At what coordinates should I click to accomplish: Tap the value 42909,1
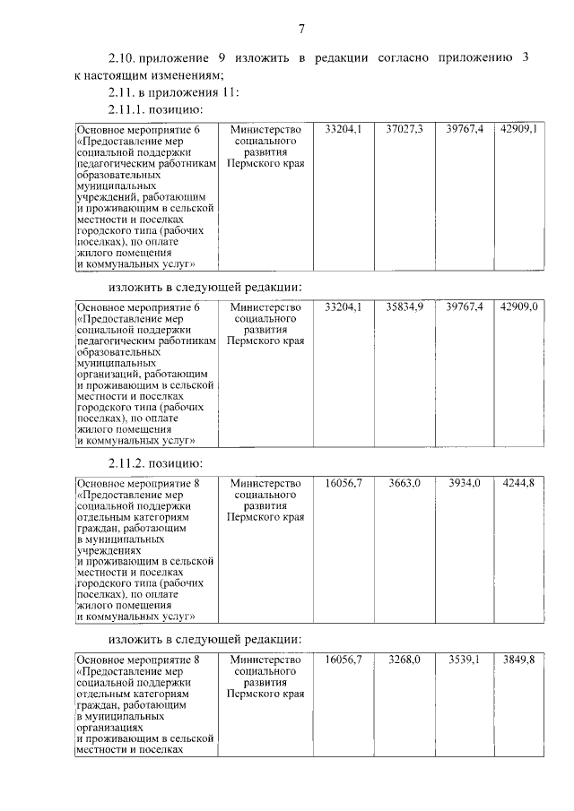coord(519,130)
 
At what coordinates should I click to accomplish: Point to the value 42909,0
coord(519,306)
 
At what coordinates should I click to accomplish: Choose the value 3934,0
coord(465,483)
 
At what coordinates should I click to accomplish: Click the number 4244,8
coord(519,483)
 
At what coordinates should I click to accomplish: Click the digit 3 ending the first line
coord(524,58)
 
